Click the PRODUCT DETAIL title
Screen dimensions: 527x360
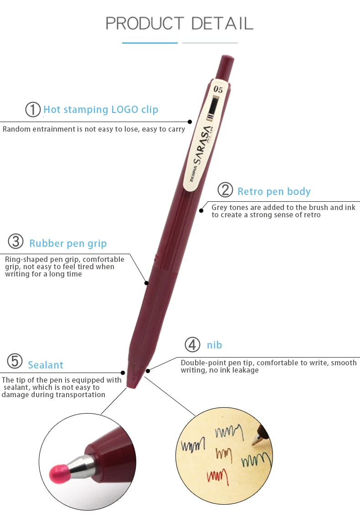tap(180, 23)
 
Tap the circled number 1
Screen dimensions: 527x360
tap(33, 110)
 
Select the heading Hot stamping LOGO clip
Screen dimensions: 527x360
tap(101, 110)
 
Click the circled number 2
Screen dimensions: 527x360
tap(225, 190)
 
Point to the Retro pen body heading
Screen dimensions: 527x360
tap(274, 191)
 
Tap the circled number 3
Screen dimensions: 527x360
tap(16, 241)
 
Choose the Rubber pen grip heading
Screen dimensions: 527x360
tap(68, 244)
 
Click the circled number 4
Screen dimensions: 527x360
tap(192, 345)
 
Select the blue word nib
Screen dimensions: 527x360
tap(214, 345)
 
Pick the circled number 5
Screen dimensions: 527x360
tap(15, 362)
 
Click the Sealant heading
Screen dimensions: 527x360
tap(46, 365)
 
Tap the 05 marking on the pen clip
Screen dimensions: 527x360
tap(218, 89)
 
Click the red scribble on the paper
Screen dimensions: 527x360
tap(217, 476)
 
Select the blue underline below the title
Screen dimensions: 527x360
tap(149, 43)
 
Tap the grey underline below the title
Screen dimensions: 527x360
tap(210, 43)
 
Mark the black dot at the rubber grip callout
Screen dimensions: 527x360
tap(147, 283)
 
